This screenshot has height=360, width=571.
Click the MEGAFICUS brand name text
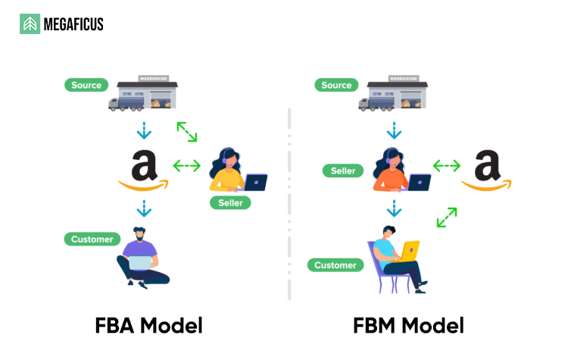[x=73, y=25]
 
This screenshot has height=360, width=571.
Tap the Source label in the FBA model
[x=86, y=85]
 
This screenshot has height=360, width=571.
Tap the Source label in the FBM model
[x=336, y=85]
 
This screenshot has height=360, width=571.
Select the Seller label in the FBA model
[x=230, y=203]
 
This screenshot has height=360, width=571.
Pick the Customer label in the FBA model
[x=92, y=239]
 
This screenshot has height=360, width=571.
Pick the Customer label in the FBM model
[x=335, y=265]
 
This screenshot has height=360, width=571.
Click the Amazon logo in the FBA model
[x=143, y=171]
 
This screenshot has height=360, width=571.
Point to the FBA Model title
[x=149, y=326]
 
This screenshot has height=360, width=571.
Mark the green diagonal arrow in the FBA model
[x=187, y=131]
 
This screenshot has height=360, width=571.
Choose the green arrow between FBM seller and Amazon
[x=447, y=165]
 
